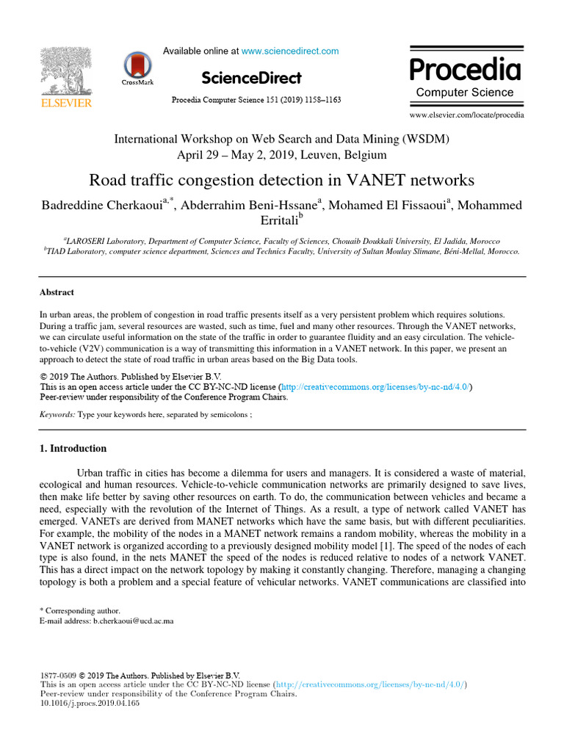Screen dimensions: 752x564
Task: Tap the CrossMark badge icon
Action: [x=137, y=67]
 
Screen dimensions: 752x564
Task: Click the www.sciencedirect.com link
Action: [x=290, y=51]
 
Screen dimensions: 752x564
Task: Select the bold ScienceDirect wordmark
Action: [x=251, y=78]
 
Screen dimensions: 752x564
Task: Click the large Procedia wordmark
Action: [x=465, y=70]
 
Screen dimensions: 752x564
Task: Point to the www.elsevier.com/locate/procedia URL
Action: [x=466, y=115]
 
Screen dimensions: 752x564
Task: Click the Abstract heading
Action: [x=57, y=292]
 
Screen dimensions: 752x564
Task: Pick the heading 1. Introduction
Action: [x=73, y=449]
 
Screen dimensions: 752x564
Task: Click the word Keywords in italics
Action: [x=56, y=414]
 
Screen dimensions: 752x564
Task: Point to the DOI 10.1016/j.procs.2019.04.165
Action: [x=89, y=703]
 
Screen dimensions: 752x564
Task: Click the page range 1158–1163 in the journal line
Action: [x=320, y=99]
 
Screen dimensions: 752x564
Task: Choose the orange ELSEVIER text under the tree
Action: [x=65, y=103]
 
